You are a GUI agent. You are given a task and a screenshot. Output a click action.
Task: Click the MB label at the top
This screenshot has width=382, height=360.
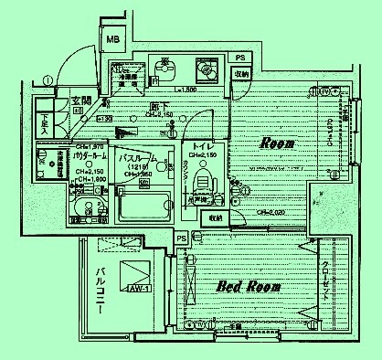tap(112, 39)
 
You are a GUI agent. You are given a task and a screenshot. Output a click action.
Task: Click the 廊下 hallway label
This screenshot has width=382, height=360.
tap(157, 106)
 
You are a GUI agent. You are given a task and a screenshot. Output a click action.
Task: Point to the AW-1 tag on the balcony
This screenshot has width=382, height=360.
tap(137, 291)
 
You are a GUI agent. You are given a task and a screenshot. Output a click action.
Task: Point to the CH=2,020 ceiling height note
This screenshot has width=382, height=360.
tap(271, 212)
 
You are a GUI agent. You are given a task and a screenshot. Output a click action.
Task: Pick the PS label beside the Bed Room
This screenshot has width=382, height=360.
tap(181, 238)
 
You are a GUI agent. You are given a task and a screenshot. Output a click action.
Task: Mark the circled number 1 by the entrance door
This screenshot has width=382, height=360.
tap(46, 79)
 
